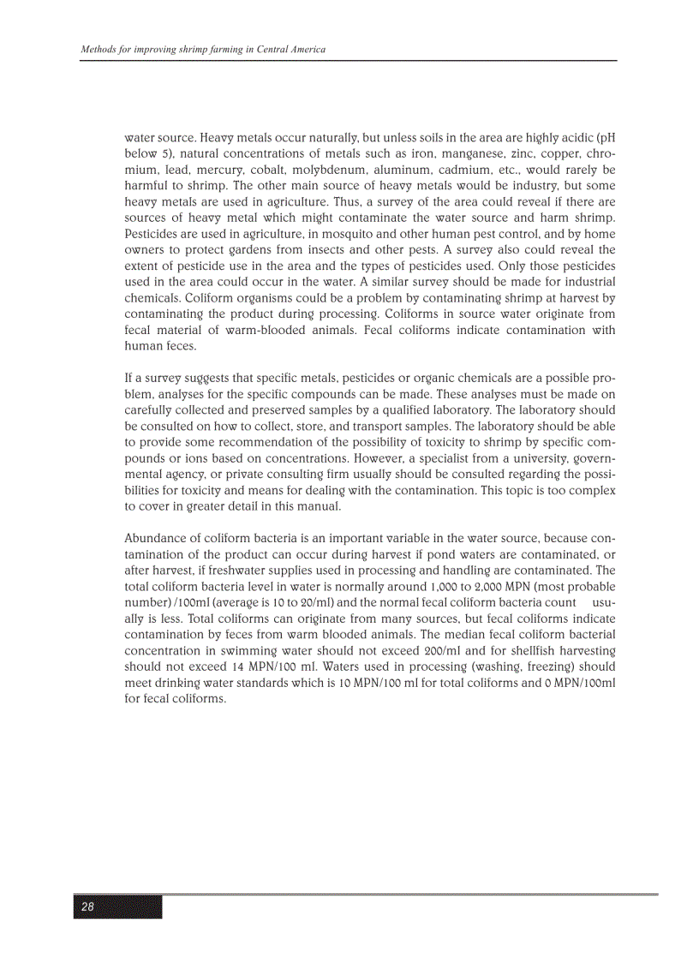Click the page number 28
coord(88,907)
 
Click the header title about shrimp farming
coord(203,50)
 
